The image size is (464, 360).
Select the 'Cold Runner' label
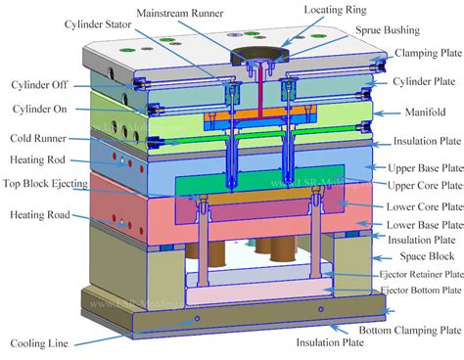[38, 140]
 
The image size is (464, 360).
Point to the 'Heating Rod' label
[39, 158]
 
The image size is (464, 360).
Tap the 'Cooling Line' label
[40, 343]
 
